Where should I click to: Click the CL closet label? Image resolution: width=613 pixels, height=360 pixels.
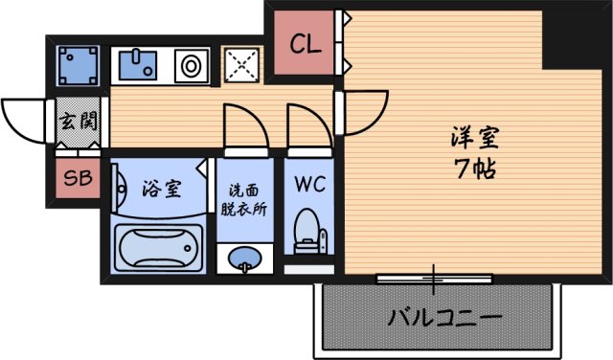[x=306, y=43]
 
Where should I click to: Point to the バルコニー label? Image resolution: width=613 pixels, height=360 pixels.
[x=444, y=317]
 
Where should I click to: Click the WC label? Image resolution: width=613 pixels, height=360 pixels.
[x=308, y=182]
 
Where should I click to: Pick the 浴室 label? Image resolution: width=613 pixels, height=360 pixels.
[x=161, y=189]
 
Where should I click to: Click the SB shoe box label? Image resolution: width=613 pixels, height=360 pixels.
[x=76, y=177]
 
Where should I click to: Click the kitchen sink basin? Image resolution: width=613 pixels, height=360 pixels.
[x=142, y=65]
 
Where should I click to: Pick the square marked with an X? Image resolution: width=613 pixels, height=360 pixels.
[x=242, y=65]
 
